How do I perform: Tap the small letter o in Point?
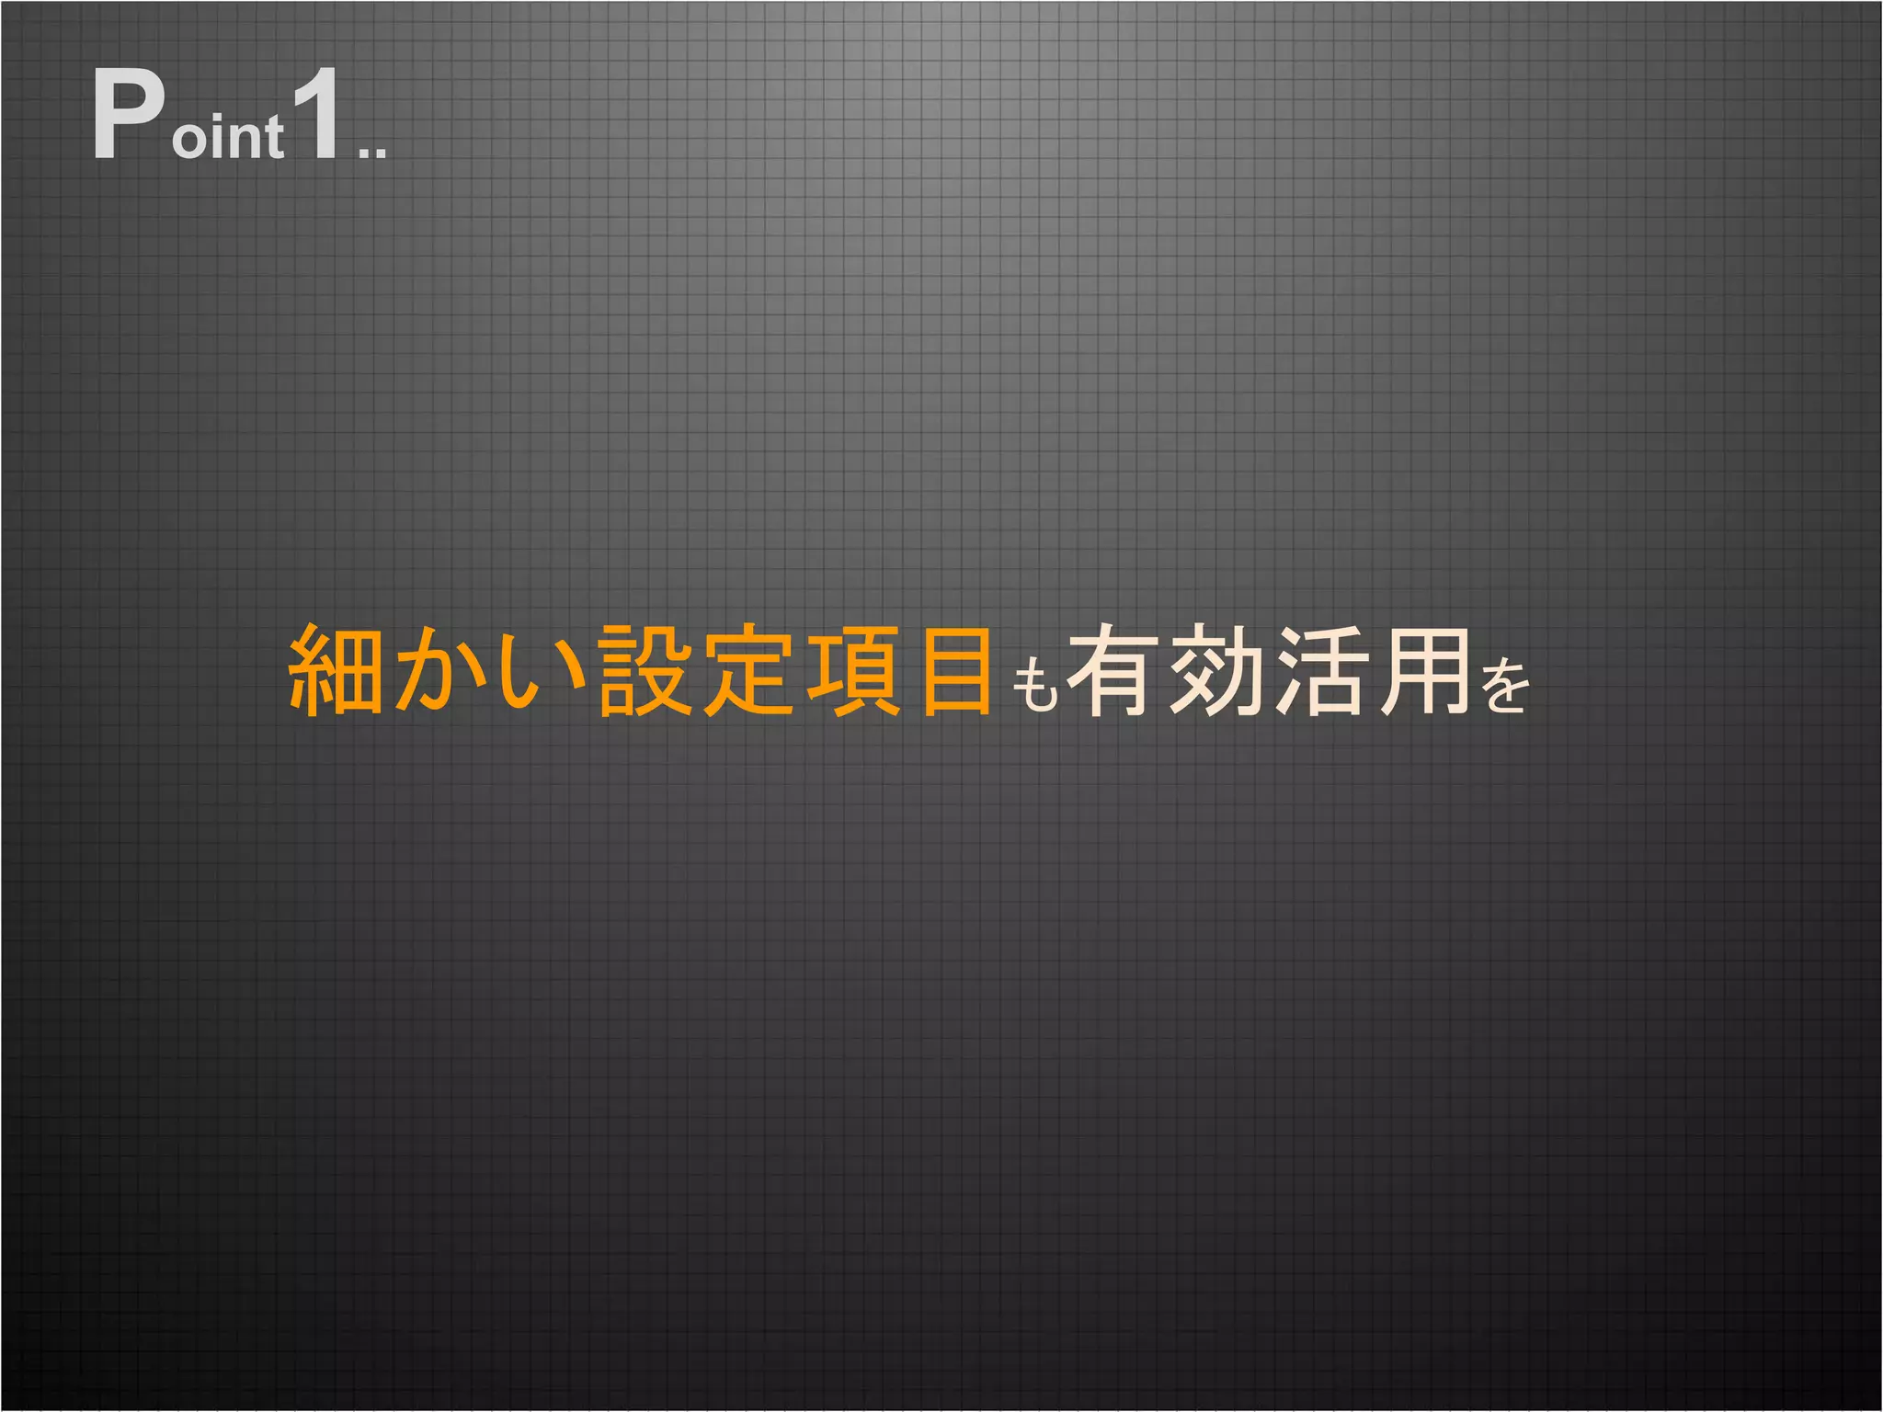click(x=190, y=139)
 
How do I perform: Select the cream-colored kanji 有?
click(x=1115, y=670)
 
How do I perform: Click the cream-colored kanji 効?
click(x=1218, y=670)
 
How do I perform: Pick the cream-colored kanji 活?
click(x=1321, y=670)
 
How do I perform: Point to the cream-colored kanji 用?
click(x=1424, y=670)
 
